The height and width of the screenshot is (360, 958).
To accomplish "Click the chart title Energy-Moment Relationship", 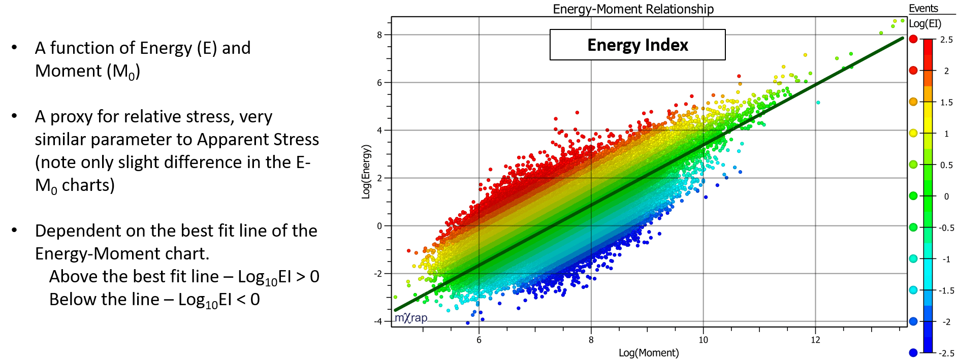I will click(x=633, y=9).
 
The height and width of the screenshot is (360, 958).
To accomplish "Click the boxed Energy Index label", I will click(x=637, y=45).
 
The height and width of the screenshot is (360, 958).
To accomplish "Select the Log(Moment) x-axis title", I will click(x=649, y=353).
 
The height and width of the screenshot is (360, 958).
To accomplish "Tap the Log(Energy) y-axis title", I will click(x=366, y=172).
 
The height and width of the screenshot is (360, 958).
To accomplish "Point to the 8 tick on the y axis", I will click(x=379, y=35).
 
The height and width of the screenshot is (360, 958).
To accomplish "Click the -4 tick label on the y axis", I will click(x=378, y=321).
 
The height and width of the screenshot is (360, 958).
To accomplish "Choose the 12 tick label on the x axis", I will click(x=815, y=340).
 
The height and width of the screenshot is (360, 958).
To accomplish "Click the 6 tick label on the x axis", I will click(x=479, y=340).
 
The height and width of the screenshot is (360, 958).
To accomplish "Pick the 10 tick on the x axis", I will click(x=703, y=340).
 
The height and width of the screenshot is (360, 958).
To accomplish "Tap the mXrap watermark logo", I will click(x=411, y=318).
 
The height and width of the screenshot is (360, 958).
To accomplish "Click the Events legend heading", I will click(x=923, y=9).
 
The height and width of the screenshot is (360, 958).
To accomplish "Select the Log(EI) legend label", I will click(x=925, y=24).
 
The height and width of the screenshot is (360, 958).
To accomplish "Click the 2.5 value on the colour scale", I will click(x=946, y=40).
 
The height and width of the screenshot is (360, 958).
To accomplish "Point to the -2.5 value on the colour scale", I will click(x=945, y=353).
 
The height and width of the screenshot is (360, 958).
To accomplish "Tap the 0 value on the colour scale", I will click(x=946, y=197).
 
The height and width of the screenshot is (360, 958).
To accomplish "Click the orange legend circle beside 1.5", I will click(x=913, y=102).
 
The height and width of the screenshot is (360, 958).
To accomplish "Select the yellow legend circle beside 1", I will click(x=913, y=133).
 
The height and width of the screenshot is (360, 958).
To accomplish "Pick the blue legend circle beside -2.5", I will click(x=913, y=352).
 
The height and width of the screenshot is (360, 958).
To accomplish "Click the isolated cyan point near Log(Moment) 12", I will click(x=818, y=103).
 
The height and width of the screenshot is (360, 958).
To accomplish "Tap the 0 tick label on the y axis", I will click(x=379, y=226).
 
